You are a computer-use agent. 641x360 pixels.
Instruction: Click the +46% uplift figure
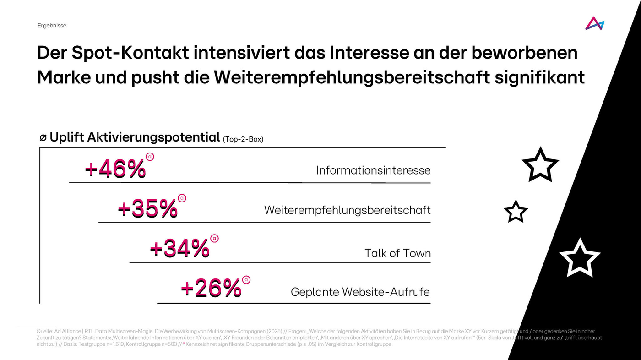click(x=115, y=169)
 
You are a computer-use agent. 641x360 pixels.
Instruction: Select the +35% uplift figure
click(x=147, y=209)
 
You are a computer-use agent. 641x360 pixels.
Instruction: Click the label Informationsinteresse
click(x=373, y=170)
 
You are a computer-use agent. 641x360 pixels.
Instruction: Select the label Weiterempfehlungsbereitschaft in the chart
click(x=347, y=210)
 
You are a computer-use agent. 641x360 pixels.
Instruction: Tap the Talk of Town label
click(x=397, y=253)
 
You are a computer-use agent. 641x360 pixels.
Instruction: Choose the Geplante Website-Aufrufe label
click(x=360, y=292)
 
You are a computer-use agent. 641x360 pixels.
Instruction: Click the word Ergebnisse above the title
click(x=52, y=26)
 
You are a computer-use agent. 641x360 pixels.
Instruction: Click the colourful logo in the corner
click(x=594, y=23)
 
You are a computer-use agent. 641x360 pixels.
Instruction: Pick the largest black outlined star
click(x=540, y=165)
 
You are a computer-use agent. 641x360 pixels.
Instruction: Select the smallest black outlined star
click(x=516, y=212)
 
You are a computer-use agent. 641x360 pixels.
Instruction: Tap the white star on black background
click(x=579, y=258)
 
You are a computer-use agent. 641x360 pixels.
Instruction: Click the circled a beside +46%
click(x=150, y=157)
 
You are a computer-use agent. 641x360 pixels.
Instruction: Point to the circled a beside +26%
click(x=246, y=279)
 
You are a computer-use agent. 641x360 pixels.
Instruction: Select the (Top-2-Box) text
click(x=243, y=139)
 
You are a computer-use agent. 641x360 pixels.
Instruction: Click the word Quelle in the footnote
click(x=44, y=331)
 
